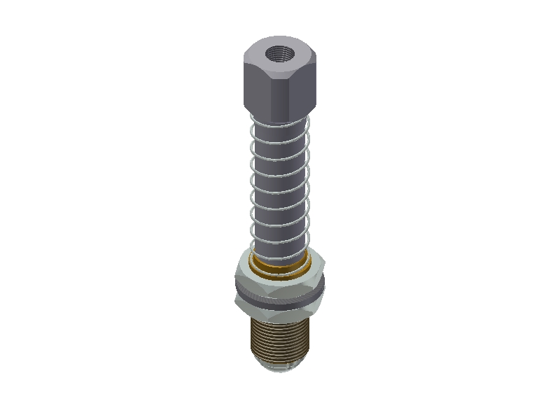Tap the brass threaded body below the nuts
pos(280,336)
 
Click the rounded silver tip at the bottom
pos(280,365)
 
